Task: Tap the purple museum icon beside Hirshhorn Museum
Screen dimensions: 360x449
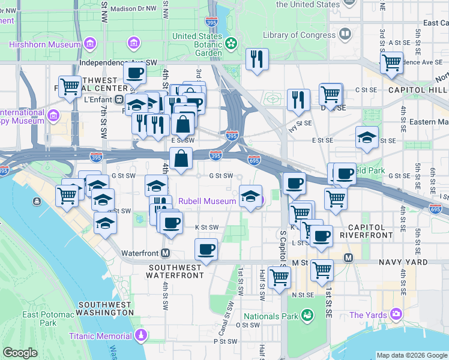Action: [x=90, y=44]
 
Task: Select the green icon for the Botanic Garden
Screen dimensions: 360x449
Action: [x=231, y=44]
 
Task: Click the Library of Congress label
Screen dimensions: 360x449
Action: [x=298, y=35]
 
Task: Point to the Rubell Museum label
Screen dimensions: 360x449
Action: [x=206, y=201]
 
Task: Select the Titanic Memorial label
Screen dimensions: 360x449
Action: [x=100, y=336]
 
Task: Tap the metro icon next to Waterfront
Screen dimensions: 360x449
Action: [x=165, y=253]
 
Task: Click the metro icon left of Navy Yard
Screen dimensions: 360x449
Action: [x=348, y=257]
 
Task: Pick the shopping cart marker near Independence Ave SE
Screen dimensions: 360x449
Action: [x=391, y=62]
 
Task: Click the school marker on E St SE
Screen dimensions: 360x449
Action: [x=367, y=137]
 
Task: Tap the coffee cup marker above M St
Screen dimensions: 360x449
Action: [x=206, y=248]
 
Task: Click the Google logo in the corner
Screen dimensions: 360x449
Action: [x=20, y=353]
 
